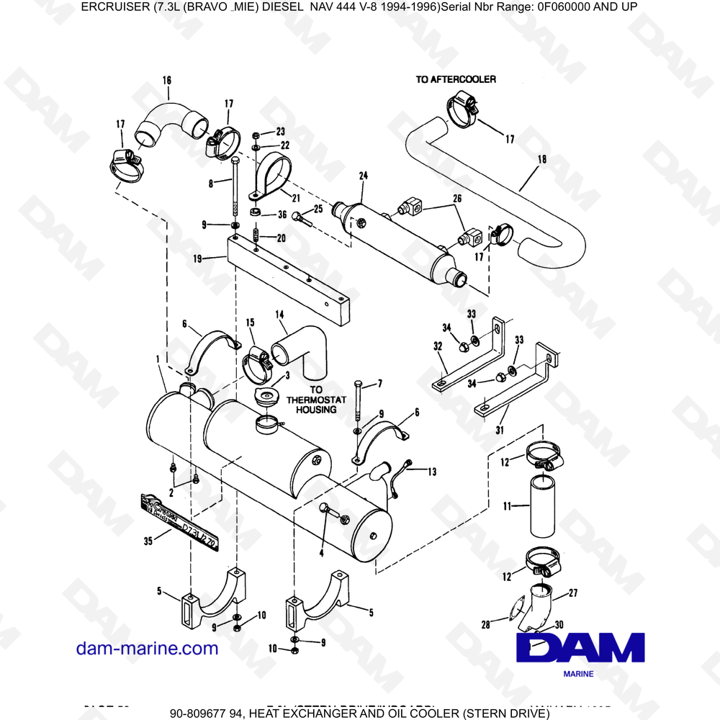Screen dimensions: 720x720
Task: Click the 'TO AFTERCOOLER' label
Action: click(x=455, y=79)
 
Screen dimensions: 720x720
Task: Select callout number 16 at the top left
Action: click(x=167, y=81)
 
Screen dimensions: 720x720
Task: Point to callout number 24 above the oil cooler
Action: click(x=363, y=176)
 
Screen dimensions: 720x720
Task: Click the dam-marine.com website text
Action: click(x=147, y=648)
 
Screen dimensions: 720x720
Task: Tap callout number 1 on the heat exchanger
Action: click(x=158, y=358)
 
